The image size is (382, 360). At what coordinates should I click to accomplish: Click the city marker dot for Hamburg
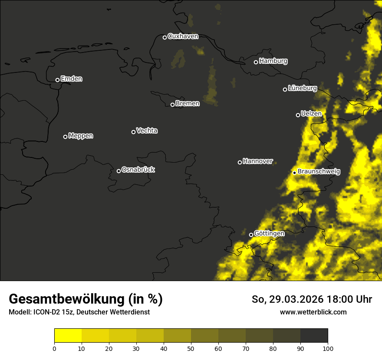coord(256,62)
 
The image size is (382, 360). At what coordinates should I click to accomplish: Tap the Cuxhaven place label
coord(183,36)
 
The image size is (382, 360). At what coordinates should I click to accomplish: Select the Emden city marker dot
coord(57,80)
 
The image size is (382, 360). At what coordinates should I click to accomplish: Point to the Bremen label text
coord(188,104)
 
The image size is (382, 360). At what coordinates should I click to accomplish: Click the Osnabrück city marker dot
coord(119,171)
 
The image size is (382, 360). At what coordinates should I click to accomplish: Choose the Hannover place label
coord(258,161)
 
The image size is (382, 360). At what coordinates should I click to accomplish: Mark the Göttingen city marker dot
coord(251,235)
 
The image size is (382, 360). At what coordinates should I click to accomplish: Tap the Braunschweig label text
coord(319,172)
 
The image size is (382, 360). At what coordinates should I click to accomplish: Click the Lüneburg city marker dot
coord(285,89)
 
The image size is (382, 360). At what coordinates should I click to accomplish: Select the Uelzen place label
coord(311,114)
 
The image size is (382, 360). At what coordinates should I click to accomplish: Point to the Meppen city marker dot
coord(65,137)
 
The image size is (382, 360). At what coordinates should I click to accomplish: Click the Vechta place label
coord(147,131)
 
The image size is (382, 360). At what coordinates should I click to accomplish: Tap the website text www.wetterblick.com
coord(313,312)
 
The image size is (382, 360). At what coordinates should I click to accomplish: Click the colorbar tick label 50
coord(191,348)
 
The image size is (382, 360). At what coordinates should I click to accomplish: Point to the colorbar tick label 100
coord(328,348)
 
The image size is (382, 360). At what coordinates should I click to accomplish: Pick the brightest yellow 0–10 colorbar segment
coord(68,336)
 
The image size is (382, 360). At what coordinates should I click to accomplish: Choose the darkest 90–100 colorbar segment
coord(314,336)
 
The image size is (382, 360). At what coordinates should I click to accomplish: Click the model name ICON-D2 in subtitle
coord(46,312)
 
